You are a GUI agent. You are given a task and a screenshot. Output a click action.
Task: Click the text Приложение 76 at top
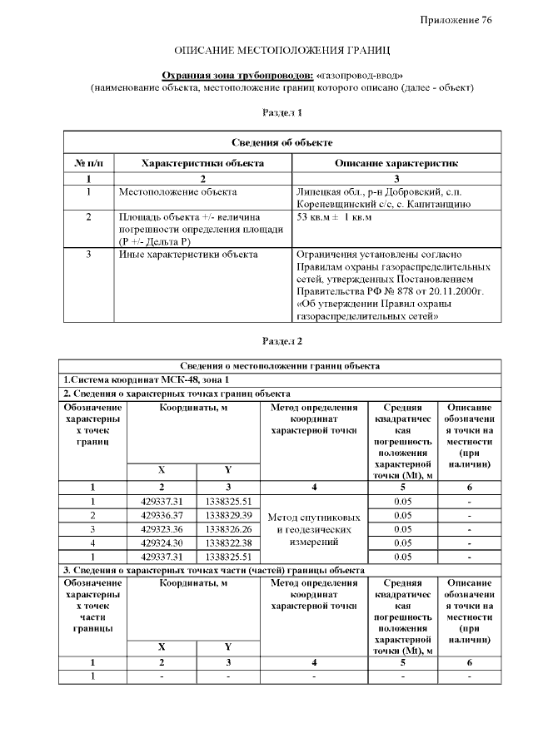[456, 20]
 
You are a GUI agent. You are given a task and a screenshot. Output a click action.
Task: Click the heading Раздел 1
[282, 112]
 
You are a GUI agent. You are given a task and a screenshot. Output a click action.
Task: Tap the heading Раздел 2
[282, 340]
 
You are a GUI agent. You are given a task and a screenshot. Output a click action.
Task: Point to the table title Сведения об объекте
[282, 143]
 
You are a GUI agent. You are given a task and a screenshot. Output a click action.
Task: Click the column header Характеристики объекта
[202, 163]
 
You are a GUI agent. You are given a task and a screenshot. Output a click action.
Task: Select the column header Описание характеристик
[396, 163]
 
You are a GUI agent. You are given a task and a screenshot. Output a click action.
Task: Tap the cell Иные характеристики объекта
[188, 255]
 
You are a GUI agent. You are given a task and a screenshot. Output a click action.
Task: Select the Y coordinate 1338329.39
[228, 515]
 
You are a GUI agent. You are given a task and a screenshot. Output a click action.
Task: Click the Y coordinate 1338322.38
[228, 542]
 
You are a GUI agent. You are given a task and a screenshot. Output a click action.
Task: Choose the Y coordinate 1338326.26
[228, 528]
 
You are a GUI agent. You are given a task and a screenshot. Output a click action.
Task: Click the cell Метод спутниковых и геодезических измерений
[314, 529]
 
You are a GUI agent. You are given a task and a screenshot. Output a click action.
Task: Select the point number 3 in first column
[92, 528]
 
